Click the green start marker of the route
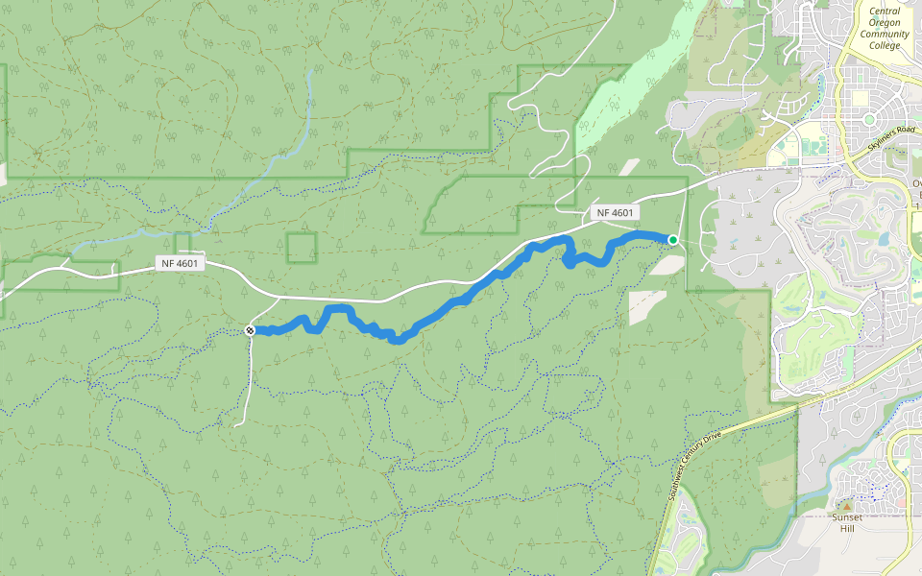[673, 240]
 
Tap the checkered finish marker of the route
[250, 330]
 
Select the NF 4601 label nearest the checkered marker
[180, 263]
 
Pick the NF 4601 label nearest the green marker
[615, 213]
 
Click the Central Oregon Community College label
[885, 35]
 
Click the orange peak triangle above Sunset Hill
[846, 505]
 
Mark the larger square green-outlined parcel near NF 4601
[302, 248]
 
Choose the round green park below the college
[869, 119]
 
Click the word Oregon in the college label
[885, 23]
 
